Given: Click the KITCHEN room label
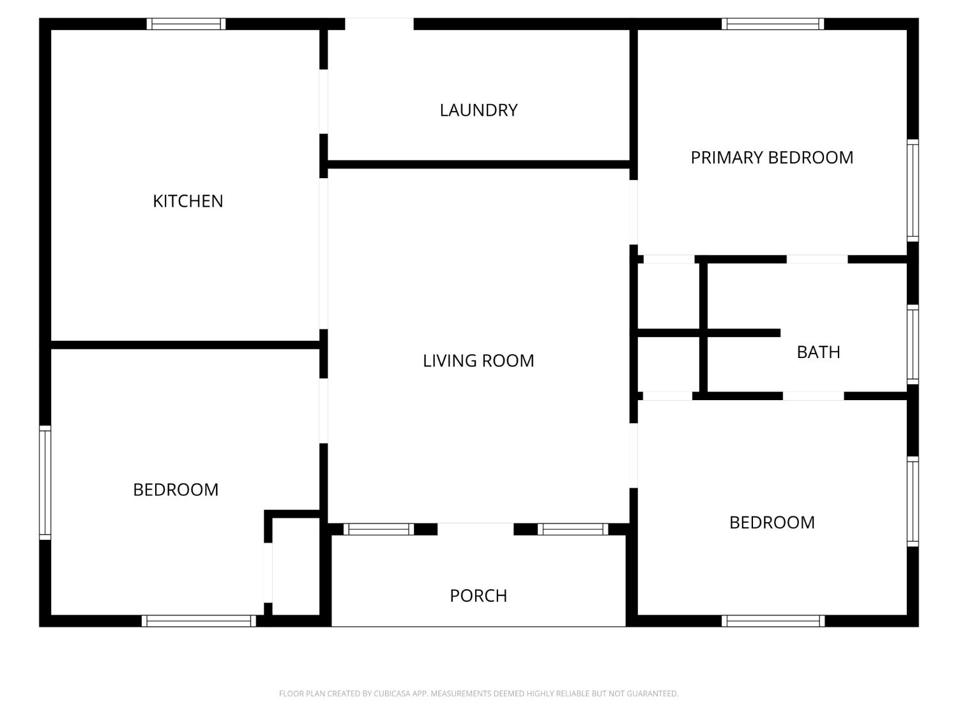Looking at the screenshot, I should click(x=188, y=201).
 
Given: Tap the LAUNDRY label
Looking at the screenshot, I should click(x=478, y=110).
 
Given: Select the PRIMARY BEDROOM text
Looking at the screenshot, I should click(x=772, y=158).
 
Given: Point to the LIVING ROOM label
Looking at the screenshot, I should click(x=478, y=361).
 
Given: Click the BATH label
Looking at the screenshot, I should click(x=818, y=352).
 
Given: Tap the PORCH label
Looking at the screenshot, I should click(x=478, y=595).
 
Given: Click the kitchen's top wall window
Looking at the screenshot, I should click(x=186, y=24).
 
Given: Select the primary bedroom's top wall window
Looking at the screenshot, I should click(x=773, y=24).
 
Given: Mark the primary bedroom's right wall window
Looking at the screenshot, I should click(x=913, y=190).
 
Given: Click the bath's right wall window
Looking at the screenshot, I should click(x=913, y=345).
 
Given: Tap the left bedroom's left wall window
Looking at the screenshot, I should click(x=45, y=482).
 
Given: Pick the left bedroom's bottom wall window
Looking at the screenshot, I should click(x=199, y=621).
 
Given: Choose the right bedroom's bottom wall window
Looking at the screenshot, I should click(x=773, y=621).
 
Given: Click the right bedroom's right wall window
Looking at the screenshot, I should click(x=913, y=502).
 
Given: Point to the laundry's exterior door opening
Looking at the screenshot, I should click(x=379, y=24).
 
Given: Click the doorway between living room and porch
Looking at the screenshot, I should click(x=475, y=529).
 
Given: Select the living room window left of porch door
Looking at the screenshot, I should click(x=379, y=529).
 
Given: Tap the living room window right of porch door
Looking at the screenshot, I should click(x=572, y=529).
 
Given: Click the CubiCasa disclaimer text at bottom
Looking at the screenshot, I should click(x=478, y=694).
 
